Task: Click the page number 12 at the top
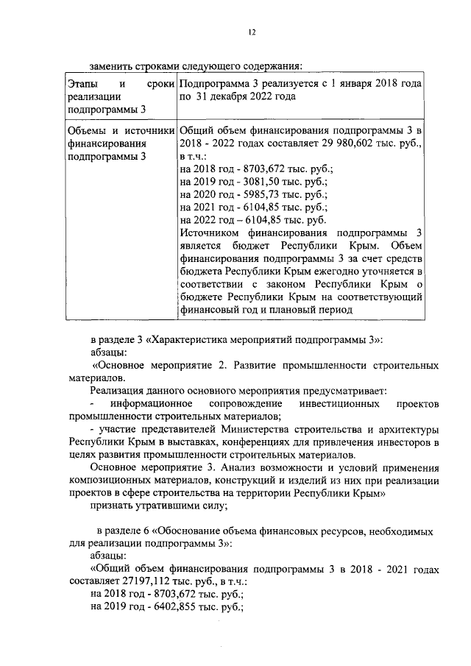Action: click(251, 32)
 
